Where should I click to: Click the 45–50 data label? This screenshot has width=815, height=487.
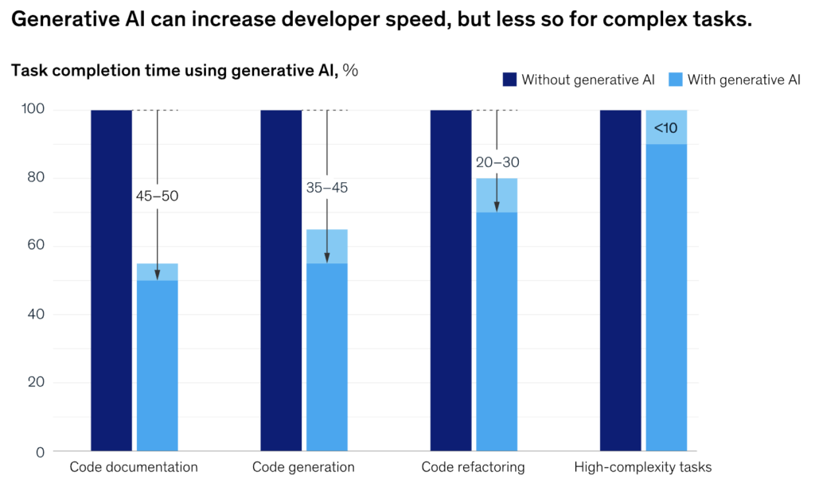click(x=157, y=195)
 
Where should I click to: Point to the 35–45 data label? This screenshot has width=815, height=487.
click(x=327, y=188)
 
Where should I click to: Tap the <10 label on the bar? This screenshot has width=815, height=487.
click(x=666, y=127)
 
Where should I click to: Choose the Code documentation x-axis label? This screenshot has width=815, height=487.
click(x=134, y=467)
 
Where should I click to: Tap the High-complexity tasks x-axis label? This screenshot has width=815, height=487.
click(x=643, y=467)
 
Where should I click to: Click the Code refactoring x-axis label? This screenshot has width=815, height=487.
click(x=473, y=467)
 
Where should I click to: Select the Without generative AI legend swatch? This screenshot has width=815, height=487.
click(x=509, y=79)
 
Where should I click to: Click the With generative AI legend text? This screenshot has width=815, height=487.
click(x=743, y=79)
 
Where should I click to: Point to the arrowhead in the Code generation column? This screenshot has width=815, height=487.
click(x=327, y=257)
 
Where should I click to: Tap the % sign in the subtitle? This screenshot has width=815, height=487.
click(x=350, y=70)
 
